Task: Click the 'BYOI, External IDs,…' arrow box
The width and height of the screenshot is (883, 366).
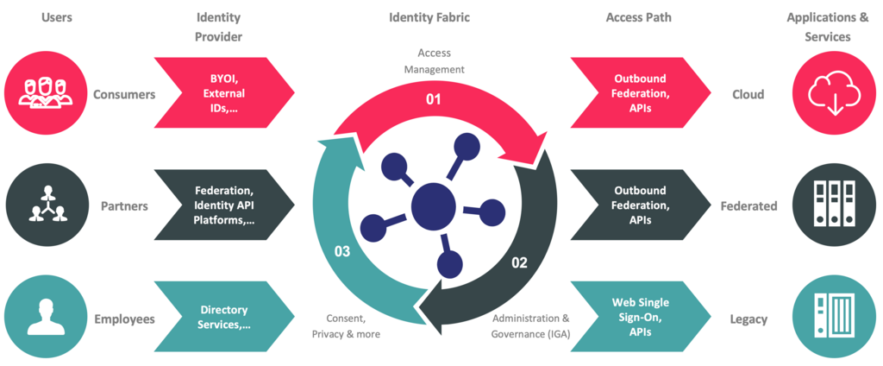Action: pyautogui.click(x=224, y=92)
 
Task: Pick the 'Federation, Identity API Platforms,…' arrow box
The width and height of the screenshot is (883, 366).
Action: pyautogui.click(x=224, y=205)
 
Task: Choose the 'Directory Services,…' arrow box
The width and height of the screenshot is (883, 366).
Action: pyautogui.click(x=224, y=319)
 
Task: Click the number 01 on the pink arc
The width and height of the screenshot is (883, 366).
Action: pyautogui.click(x=433, y=100)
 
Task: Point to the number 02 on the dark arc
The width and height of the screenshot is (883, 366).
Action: pyautogui.click(x=519, y=262)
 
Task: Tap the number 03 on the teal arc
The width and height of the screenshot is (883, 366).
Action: pyautogui.click(x=342, y=251)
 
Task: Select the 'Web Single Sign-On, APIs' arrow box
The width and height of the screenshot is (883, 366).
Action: pyautogui.click(x=641, y=319)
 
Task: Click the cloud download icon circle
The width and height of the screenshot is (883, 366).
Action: pyautogui.click(x=834, y=92)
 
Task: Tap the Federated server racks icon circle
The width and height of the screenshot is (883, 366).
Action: pyautogui.click(x=834, y=205)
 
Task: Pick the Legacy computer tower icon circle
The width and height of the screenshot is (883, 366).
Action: pyautogui.click(x=834, y=319)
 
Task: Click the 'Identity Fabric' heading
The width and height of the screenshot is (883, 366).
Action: pyautogui.click(x=429, y=17)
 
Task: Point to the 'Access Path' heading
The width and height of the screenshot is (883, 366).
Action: pyautogui.click(x=639, y=17)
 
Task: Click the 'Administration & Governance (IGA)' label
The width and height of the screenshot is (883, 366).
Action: pyautogui.click(x=531, y=326)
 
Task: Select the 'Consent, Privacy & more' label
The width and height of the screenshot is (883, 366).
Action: pyautogui.click(x=346, y=326)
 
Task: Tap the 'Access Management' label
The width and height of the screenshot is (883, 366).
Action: pyautogui.click(x=435, y=61)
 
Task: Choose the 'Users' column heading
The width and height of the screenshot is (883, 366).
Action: pyautogui.click(x=56, y=17)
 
